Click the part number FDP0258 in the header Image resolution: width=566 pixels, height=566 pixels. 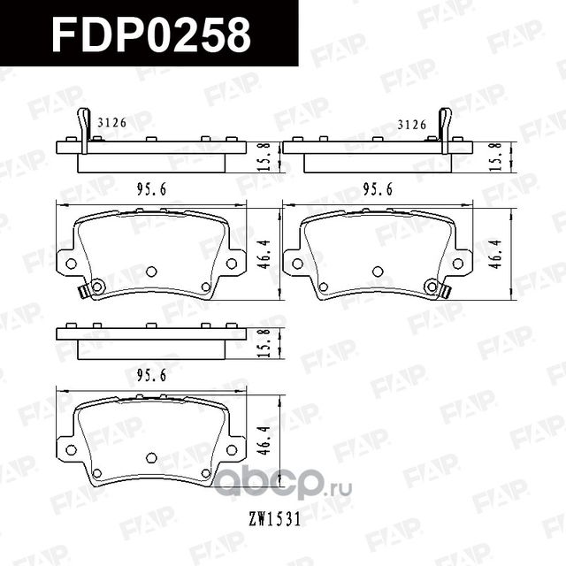click(x=151, y=34)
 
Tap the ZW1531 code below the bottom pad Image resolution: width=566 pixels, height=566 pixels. click(x=274, y=519)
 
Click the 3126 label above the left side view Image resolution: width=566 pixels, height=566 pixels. click(x=111, y=124)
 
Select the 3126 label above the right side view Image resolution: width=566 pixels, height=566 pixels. click(x=413, y=124)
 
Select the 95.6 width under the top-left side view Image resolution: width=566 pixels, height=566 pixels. click(x=153, y=188)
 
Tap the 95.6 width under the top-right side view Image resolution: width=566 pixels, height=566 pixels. click(x=379, y=188)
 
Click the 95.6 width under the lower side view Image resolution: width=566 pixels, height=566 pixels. click(x=153, y=375)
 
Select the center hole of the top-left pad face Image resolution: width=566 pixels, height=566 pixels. click(x=151, y=272)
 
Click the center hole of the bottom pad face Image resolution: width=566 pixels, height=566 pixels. click(x=151, y=458)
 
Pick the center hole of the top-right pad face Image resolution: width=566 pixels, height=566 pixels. click(x=378, y=272)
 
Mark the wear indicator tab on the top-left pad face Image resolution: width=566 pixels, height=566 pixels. click(x=85, y=289)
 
